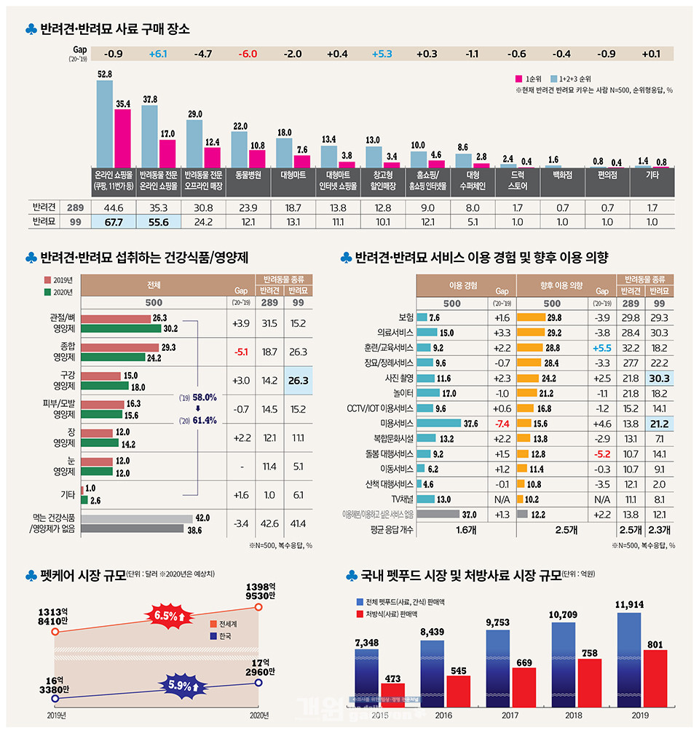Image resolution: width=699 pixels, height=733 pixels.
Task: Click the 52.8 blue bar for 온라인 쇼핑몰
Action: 104,124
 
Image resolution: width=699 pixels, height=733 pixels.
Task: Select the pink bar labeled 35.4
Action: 122,138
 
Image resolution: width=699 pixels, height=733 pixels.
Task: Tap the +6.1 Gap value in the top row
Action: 158,54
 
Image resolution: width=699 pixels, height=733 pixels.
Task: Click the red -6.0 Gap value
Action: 248,54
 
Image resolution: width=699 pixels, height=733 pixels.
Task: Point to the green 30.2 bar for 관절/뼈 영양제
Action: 121,328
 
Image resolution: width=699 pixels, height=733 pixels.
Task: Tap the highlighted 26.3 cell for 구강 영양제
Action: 298,380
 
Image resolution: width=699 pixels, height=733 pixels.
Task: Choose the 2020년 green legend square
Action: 48,293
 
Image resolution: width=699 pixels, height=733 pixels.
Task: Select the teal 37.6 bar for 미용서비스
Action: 439,423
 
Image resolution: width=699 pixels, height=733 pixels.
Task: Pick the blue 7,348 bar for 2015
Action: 367,678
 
